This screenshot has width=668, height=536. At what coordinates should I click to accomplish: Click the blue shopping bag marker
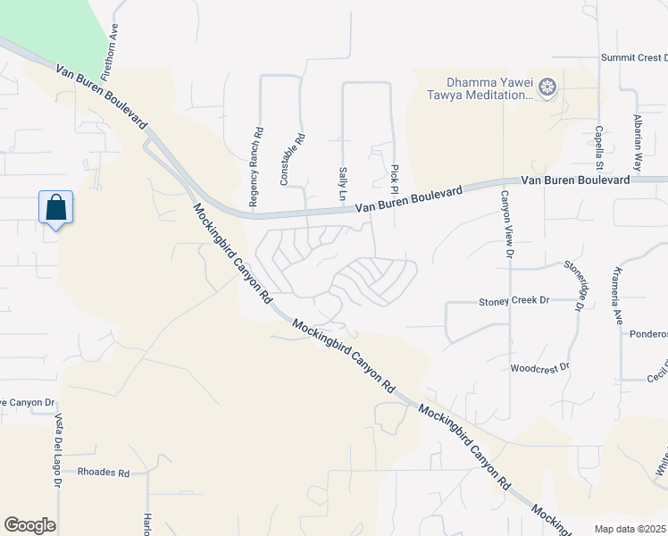tap(55, 208)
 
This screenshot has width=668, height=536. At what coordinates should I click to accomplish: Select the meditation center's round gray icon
tap(547, 88)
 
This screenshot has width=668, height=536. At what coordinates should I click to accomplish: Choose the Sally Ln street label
tap(342, 182)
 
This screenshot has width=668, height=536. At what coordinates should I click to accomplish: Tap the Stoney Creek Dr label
tap(514, 301)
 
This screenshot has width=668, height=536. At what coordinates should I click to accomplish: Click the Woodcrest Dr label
tap(539, 367)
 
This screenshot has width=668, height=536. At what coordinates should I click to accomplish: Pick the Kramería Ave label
tap(616, 295)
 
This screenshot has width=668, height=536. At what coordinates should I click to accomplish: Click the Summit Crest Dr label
tap(633, 57)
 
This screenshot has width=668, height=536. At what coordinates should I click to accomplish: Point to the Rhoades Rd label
tap(104, 472)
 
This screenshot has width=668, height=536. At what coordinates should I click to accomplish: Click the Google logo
tap(29, 525)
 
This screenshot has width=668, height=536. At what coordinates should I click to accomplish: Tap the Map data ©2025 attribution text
tap(630, 529)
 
